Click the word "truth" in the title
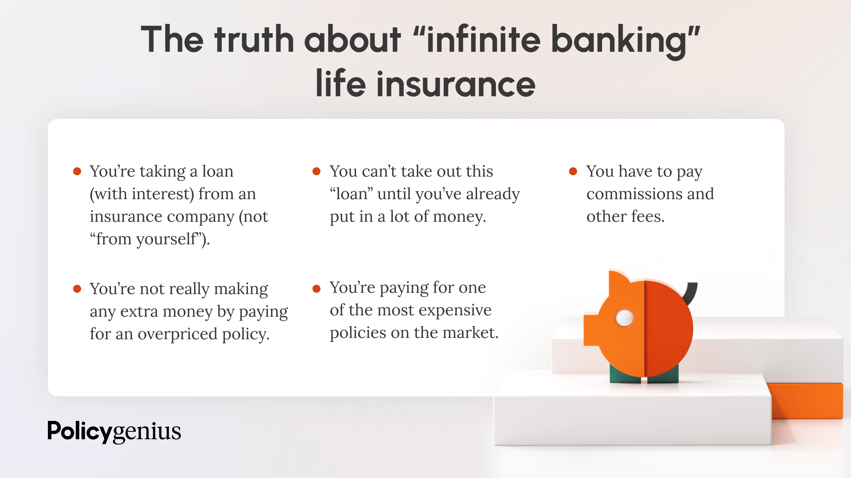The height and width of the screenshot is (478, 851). [x=254, y=39]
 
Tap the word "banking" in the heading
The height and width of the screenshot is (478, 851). [x=618, y=42]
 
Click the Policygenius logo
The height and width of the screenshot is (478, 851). [x=114, y=432]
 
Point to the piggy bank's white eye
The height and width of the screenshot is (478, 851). [x=625, y=318]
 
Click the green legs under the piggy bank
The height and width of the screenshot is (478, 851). [x=644, y=374]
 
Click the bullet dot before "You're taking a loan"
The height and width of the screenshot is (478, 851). [x=77, y=171]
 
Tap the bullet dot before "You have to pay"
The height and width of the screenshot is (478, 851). [x=573, y=171]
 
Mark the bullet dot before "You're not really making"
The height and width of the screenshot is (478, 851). [x=77, y=289]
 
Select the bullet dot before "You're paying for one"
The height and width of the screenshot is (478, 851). [x=316, y=289]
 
